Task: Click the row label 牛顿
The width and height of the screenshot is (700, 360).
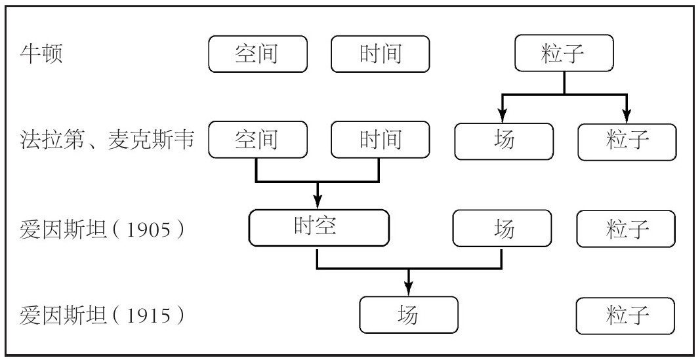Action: coord(41,54)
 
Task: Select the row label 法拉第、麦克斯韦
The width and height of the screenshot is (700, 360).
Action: coord(107,140)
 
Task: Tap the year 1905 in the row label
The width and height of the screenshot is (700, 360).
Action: coord(149,230)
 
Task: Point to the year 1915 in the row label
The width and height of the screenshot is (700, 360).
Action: coord(149,316)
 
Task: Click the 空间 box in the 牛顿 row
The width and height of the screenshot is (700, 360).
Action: coord(258,54)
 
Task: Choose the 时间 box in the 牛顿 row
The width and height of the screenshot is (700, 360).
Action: coord(381,54)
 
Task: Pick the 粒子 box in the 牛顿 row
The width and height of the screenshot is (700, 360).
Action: coord(564,53)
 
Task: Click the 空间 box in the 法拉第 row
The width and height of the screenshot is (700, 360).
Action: coord(258,140)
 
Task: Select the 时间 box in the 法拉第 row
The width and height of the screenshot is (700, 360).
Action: coord(381,140)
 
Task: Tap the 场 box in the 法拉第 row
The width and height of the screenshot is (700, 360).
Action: coord(504,142)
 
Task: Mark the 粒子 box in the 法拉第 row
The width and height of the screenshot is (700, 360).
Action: coord(627,142)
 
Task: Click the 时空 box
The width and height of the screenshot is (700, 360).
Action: coord(319,228)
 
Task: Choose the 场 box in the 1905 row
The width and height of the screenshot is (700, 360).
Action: coord(503,229)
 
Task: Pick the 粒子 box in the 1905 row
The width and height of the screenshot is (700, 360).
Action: coord(626,229)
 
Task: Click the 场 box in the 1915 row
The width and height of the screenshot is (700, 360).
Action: coord(409,315)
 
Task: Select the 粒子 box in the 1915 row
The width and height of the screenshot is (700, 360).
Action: coord(625,316)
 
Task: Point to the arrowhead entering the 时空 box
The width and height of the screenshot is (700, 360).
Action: coord(318,203)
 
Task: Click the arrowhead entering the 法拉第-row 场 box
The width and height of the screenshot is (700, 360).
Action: coord(503,116)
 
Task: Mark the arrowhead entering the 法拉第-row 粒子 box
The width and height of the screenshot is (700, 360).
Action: coord(627,117)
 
